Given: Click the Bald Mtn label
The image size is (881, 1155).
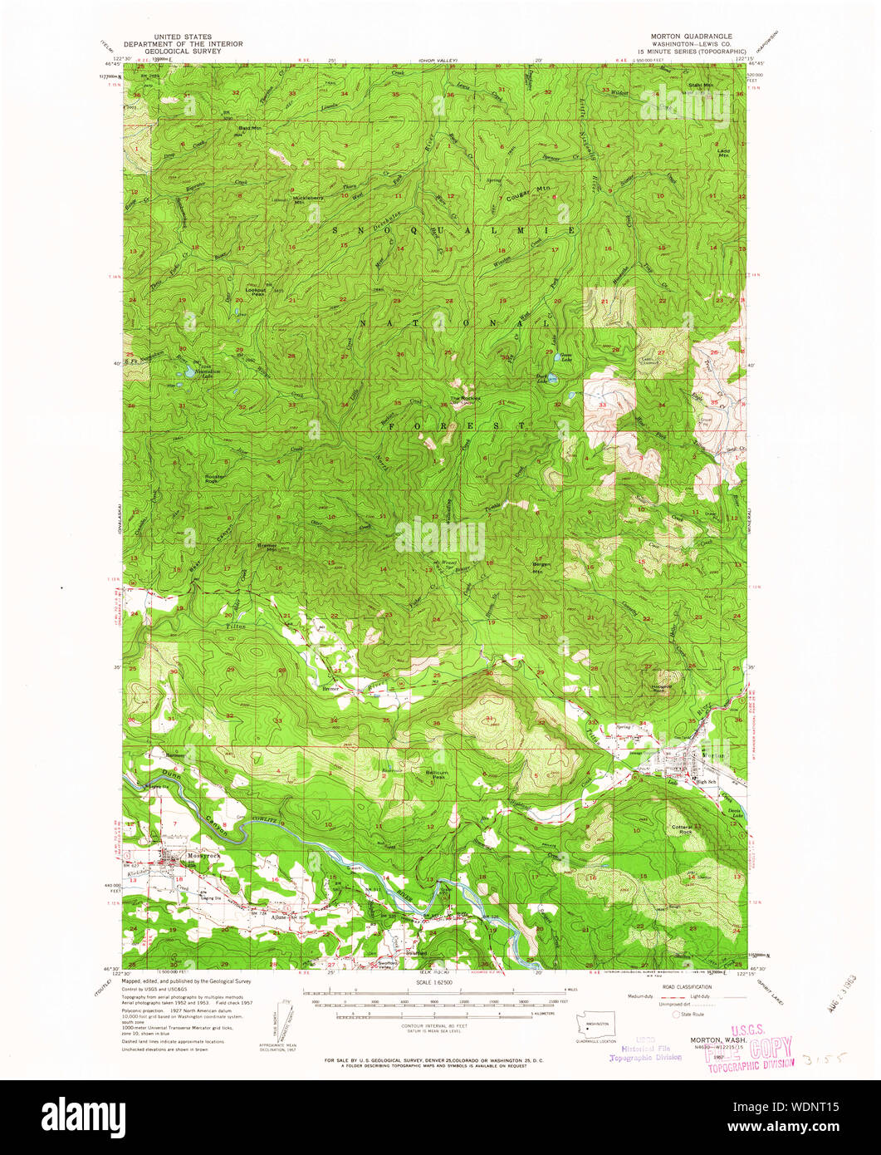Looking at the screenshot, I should (x=250, y=129).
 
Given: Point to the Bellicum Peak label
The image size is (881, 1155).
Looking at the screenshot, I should (x=437, y=774).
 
